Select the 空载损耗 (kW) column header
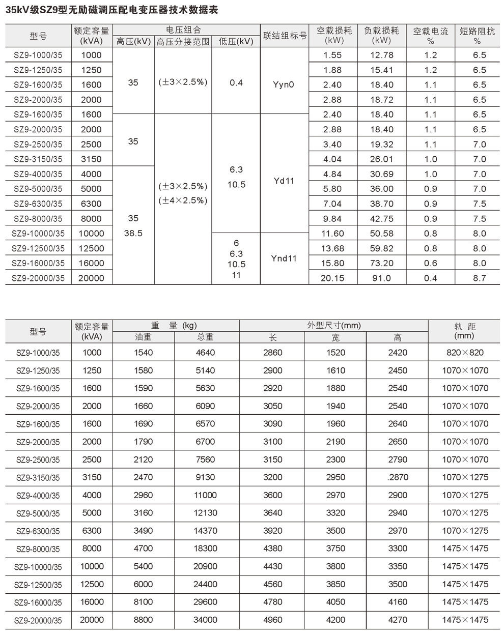[333, 35]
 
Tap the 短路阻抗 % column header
[477, 35]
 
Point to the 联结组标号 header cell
[285, 36]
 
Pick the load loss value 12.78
[381, 55]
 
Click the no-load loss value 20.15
[333, 278]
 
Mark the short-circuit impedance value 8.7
[479, 278]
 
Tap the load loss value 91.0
[381, 278]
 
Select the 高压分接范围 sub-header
[183, 41]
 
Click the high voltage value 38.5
[133, 234]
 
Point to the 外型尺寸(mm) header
[333, 325]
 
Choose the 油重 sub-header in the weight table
[143, 337]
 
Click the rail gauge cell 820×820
[465, 353]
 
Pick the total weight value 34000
[205, 620]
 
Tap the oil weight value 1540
[143, 353]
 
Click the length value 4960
[272, 620]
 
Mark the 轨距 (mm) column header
[465, 331]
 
